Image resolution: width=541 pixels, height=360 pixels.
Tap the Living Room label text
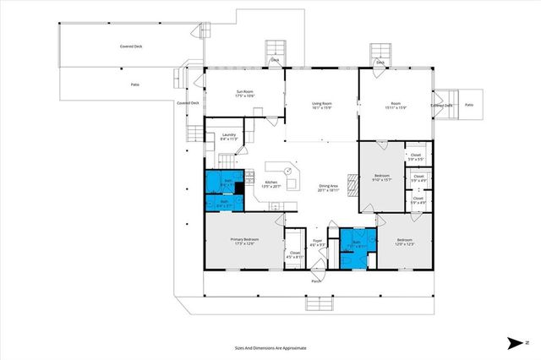pyautogui.click(x=321, y=106)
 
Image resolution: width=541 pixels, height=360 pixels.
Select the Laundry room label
pyautogui.click(x=227, y=137)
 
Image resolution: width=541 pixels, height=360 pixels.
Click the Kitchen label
pyautogui.click(x=271, y=184)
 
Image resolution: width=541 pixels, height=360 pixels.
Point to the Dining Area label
pyautogui.click(x=329, y=188)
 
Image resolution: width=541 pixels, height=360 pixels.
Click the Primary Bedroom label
pyautogui.click(x=244, y=242)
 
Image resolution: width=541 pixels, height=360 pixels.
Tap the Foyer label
pyautogui.click(x=318, y=243)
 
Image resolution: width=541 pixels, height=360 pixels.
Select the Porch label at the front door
pyautogui.click(x=316, y=281)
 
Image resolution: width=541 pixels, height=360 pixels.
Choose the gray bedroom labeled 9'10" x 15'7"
pyautogui.click(x=381, y=177)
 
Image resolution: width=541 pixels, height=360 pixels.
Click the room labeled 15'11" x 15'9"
pyautogui.click(x=396, y=106)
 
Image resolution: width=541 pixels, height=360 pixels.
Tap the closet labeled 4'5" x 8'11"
pyautogui.click(x=295, y=254)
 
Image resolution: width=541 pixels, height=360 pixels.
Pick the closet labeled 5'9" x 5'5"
pyautogui.click(x=416, y=157)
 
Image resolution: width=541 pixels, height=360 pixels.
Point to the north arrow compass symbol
pyautogui.click(x=516, y=342)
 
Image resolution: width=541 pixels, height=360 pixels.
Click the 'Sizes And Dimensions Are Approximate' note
pyautogui.click(x=270, y=347)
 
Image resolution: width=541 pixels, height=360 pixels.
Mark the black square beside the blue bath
pyautogui.click(x=239, y=189)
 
